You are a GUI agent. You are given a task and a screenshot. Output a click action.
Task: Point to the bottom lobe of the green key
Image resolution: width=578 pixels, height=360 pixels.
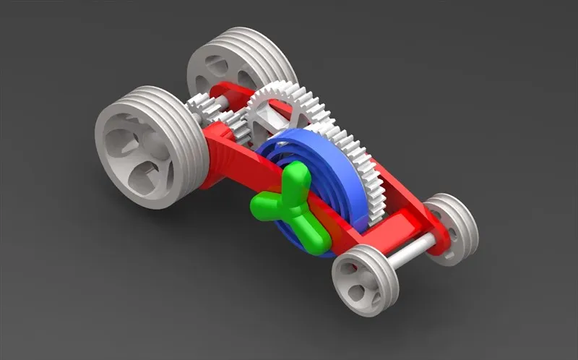[x=312, y=239]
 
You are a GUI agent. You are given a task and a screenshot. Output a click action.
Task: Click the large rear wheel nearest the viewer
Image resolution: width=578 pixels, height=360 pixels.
[x=144, y=148]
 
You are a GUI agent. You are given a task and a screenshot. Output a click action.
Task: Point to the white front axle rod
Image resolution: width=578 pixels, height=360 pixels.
[x=412, y=249]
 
